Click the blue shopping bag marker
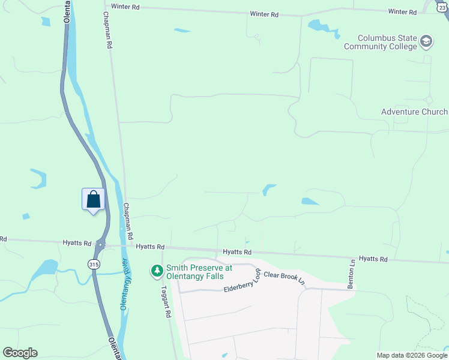(93, 199)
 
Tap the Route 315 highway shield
(93, 264)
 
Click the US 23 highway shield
(442, 6)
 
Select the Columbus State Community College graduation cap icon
(426, 41)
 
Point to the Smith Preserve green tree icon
(157, 272)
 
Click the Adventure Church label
(414, 112)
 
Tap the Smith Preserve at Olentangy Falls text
(195, 272)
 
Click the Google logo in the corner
(20, 353)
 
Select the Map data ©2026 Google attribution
(412, 355)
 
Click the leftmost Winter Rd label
(125, 7)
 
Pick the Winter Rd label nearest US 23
(402, 12)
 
